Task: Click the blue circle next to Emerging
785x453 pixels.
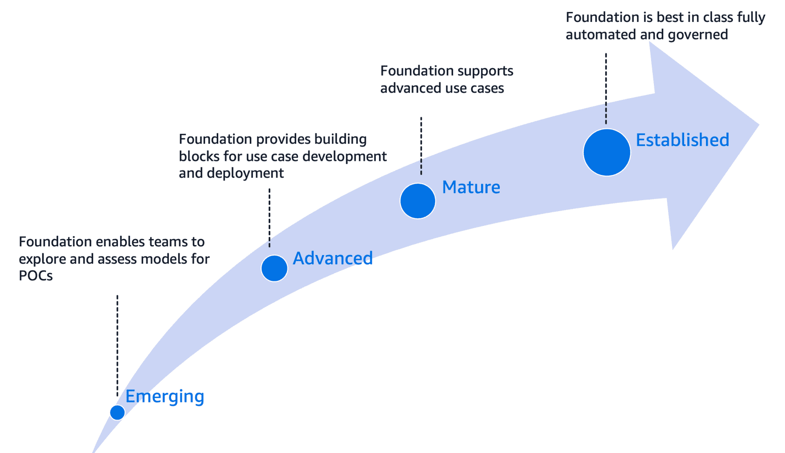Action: tap(117, 412)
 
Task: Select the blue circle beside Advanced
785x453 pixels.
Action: tap(274, 268)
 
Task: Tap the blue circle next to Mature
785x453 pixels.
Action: tap(417, 201)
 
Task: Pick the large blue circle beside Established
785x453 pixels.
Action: tap(607, 152)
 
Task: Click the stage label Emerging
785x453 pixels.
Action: tap(165, 397)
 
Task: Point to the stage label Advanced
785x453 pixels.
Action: tap(332, 258)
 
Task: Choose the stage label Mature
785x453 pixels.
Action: tap(471, 187)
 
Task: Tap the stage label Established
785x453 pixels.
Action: tap(682, 140)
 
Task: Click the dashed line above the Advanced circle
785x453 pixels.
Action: tap(269, 219)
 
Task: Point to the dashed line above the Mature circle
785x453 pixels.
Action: tap(421, 145)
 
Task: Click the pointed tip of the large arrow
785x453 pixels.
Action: tap(757, 125)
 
